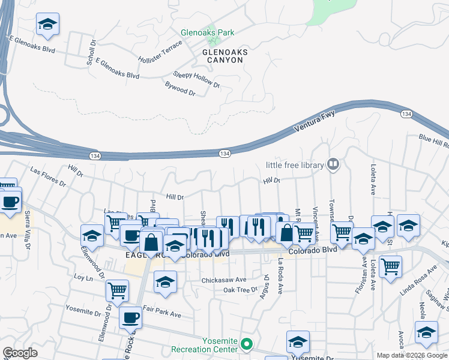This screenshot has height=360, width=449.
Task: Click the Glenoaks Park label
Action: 208,32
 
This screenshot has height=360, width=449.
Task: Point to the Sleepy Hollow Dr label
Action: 197,80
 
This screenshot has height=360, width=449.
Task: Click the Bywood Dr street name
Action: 180,89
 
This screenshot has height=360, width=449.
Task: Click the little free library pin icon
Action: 333,164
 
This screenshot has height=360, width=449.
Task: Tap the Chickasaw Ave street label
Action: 224,280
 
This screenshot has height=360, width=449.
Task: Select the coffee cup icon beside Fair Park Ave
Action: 130,318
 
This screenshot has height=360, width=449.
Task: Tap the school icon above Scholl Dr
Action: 47,25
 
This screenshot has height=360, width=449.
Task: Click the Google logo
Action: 20,353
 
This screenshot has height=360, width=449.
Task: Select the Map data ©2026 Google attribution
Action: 412,355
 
